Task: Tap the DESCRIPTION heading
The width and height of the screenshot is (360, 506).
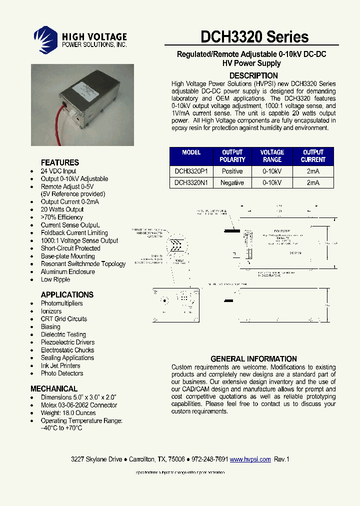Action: pos(253,75)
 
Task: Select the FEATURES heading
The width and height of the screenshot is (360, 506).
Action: pos(59,162)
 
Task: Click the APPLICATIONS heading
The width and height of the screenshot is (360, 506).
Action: pos(67,294)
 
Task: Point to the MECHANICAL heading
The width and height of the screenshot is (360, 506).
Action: pos(54,388)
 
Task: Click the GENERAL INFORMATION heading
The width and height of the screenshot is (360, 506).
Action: pos(253,358)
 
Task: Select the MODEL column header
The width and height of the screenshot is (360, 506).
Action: pos(191,152)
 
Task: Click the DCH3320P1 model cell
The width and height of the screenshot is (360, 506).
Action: pos(191,171)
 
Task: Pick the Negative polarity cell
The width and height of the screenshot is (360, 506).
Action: pos(232,183)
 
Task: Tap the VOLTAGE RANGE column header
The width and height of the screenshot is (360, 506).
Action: pos(272,156)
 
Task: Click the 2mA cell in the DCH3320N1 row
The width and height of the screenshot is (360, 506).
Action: pos(313,183)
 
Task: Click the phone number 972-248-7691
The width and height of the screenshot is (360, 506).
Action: pos(209,459)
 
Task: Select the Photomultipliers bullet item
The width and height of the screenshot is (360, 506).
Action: pos(62,303)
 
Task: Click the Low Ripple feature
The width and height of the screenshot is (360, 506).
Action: pos(55,279)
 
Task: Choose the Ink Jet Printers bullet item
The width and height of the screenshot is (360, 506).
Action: pos(60,365)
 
